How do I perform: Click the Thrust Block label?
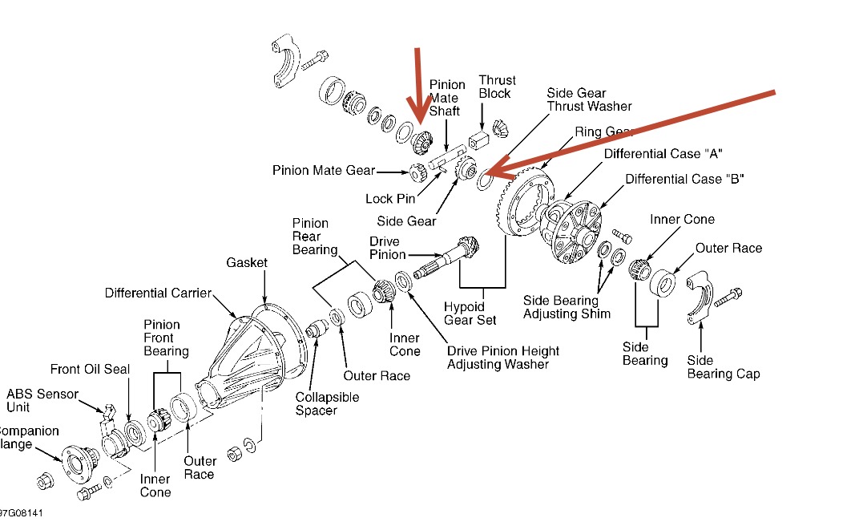tap(497, 87)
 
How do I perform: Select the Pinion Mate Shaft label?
tap(447, 98)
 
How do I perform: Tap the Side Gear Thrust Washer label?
tap(589, 99)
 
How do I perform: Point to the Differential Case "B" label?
tap(684, 179)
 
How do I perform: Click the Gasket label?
tap(247, 263)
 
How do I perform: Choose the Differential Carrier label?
tap(158, 293)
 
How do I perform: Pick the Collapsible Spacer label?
tap(327, 403)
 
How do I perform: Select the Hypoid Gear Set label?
tap(470, 314)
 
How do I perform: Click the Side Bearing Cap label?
tap(724, 367)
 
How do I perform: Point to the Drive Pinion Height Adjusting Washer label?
tap(503, 358)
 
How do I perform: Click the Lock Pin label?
tap(390, 199)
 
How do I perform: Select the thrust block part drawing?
tap(482, 142)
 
